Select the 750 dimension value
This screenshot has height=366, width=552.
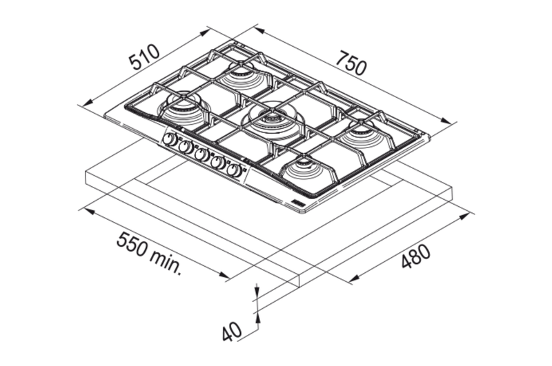point(351,63)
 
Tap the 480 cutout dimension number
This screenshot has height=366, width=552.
point(416,256)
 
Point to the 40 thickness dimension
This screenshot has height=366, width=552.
point(232,332)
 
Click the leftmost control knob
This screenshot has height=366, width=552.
point(170,140)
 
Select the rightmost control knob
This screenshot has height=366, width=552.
point(235,171)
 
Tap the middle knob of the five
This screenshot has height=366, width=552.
point(202,155)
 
